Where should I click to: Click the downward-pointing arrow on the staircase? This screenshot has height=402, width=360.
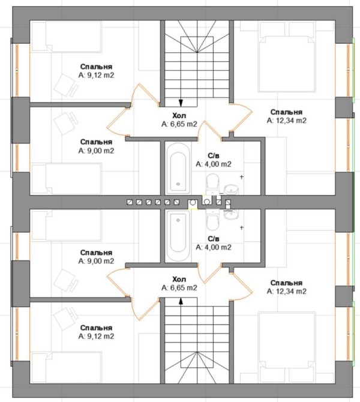point(181,103)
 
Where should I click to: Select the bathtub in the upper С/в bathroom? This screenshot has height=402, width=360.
point(178,169)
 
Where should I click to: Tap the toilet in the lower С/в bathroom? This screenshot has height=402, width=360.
point(212,220)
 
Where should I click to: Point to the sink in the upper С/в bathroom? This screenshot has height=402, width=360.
point(231,190)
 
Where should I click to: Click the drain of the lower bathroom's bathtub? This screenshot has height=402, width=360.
point(178,220)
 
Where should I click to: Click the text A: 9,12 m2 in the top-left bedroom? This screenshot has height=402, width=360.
point(96,76)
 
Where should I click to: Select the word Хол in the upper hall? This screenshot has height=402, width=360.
point(179,115)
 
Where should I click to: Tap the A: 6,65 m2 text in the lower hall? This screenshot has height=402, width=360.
point(179,288)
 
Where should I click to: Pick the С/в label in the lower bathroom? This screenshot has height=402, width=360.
point(214,239)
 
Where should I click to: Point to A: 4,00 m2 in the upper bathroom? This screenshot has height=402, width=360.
point(214,164)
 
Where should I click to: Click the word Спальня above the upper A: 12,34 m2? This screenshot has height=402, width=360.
point(286,112)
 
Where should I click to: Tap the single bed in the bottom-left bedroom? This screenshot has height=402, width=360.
point(67,368)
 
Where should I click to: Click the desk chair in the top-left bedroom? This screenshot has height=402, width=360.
point(65,85)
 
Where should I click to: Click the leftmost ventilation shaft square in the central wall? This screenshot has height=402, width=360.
point(130,202)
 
